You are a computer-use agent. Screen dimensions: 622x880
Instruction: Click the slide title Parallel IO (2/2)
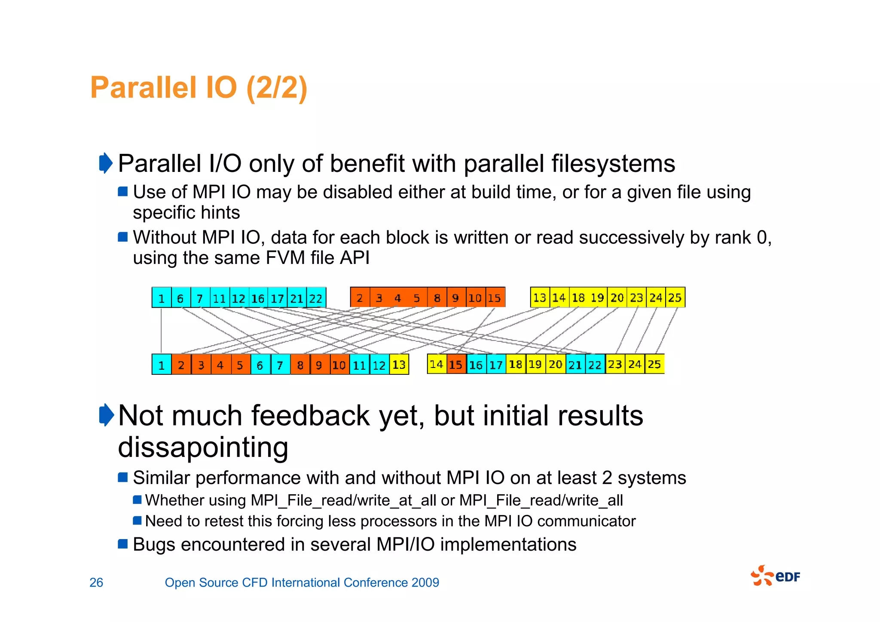point(199,88)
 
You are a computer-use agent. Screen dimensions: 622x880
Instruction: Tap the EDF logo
point(775,576)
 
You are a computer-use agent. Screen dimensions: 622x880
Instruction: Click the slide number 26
point(96,582)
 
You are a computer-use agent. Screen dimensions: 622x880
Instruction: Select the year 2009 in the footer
point(425,582)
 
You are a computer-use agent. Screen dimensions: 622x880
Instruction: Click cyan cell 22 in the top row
point(316,298)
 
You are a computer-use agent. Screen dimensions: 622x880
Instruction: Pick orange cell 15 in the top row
point(495,298)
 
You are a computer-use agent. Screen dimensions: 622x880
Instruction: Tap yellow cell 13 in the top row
point(539,297)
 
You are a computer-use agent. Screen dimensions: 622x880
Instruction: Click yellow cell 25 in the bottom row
point(654,365)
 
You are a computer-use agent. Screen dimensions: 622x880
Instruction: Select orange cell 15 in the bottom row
point(456,365)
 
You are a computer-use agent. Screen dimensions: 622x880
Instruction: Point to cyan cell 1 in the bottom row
point(162,365)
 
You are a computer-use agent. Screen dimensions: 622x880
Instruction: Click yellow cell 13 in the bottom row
point(399,365)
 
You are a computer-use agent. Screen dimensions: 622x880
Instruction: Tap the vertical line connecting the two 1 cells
point(161,330)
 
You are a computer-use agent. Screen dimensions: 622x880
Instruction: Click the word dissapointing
point(203,447)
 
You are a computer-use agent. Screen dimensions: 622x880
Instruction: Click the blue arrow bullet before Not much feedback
point(106,415)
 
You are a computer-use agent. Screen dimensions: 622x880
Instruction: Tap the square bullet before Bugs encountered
point(123,544)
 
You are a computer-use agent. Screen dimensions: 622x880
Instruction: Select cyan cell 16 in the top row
point(257,298)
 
